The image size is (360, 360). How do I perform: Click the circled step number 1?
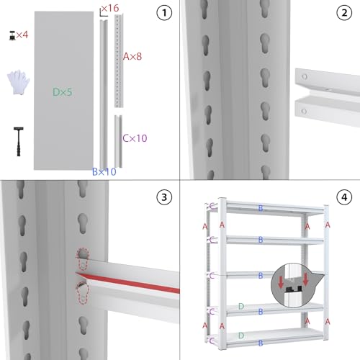point(164,13)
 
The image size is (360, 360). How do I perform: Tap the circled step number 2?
point(344,13)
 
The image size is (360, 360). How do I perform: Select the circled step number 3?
point(164,197)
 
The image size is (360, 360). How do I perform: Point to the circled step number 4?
point(344,197)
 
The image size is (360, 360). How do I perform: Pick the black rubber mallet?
point(19,142)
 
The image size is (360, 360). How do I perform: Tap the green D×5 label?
point(62,92)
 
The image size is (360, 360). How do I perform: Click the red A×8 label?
point(132,56)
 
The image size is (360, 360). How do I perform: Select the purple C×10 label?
point(135,138)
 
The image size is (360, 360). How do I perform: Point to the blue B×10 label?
point(104,171)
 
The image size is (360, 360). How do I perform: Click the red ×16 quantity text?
point(110,8)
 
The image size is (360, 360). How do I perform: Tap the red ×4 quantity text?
point(22,35)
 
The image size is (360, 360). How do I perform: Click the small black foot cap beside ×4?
point(12,35)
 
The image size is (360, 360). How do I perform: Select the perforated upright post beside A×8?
point(119,61)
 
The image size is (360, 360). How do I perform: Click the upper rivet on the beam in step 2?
point(305,76)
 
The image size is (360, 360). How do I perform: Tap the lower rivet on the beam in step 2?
point(304,111)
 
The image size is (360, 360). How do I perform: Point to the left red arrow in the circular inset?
point(281,282)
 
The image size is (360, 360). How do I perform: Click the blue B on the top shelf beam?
point(261,208)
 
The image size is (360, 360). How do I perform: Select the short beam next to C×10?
point(118,141)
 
